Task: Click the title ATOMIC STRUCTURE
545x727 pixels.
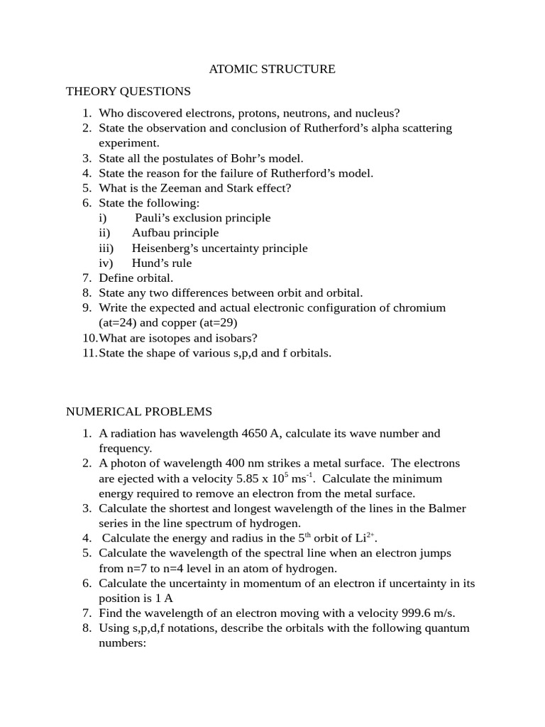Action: click(272, 69)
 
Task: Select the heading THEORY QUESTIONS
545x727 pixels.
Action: click(128, 91)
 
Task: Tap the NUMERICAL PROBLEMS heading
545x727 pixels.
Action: click(139, 412)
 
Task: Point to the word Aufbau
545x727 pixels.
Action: click(152, 233)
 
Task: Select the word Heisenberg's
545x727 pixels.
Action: click(165, 248)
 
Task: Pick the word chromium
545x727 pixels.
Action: click(420, 307)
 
